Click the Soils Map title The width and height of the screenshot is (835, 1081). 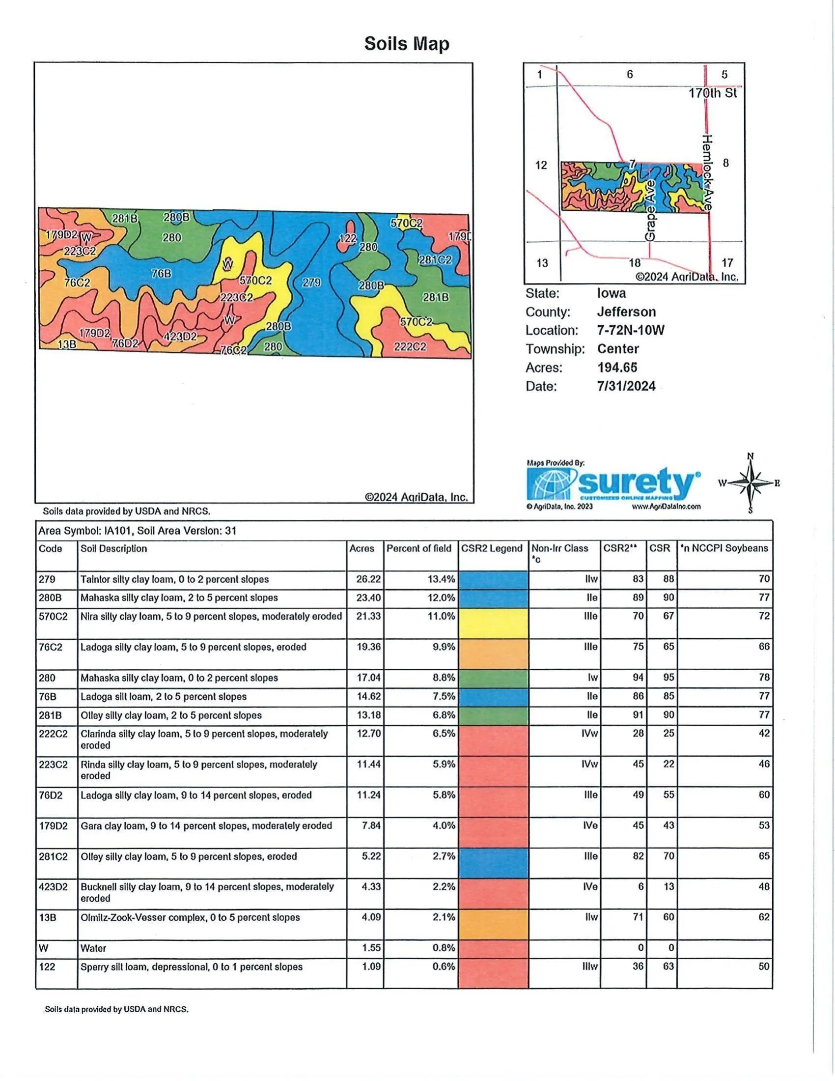407,44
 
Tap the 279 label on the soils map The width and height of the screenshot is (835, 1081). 311,283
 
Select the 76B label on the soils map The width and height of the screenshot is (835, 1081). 161,273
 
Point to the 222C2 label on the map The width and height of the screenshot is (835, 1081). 410,346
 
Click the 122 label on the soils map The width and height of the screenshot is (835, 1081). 347,239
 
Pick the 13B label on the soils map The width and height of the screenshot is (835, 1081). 67,344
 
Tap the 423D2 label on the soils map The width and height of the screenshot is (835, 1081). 180,337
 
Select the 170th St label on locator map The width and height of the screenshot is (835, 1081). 712,93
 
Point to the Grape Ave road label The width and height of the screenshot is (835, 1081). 650,210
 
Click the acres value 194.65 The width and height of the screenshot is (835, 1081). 617,367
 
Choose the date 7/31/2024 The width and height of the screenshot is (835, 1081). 626,386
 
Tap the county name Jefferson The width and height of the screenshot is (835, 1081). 626,312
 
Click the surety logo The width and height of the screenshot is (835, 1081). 613,484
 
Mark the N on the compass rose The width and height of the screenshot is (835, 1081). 751,456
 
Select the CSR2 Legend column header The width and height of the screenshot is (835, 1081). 492,548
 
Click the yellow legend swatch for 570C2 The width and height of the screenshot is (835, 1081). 493,623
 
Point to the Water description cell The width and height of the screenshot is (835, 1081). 93,948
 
